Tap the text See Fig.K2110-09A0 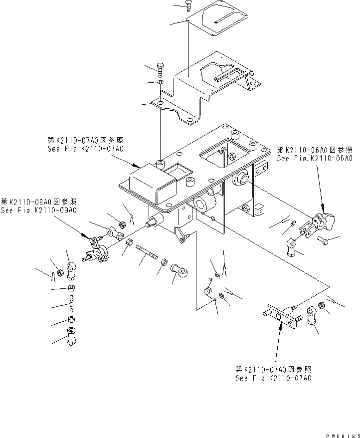coord(38,211)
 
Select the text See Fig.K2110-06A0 coord(314,158)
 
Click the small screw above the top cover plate coord(188,5)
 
